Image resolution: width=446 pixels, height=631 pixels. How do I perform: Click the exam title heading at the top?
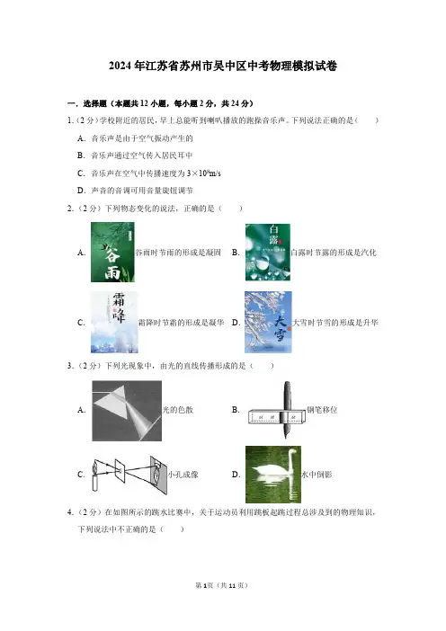223,66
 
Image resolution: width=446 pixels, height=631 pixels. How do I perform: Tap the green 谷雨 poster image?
112,252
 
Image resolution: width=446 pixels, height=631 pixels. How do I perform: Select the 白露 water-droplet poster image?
268,253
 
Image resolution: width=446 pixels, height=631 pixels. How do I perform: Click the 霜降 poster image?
114,323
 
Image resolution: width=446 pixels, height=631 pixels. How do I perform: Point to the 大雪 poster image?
268,323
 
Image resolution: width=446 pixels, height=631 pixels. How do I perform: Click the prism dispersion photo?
127,411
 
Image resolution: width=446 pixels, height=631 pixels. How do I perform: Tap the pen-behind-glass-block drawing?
277,410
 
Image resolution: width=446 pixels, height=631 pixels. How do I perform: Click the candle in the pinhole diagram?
95,478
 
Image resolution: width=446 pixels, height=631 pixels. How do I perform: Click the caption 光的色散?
177,410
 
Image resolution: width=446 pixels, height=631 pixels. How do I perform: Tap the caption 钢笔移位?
322,410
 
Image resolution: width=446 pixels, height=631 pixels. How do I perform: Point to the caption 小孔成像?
183,475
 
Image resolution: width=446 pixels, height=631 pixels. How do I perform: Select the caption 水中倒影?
317,475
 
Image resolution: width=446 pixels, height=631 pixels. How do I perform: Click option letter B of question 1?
81,156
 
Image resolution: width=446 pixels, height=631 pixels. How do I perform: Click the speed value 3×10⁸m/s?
204,173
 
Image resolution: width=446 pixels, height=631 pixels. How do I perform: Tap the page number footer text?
221,585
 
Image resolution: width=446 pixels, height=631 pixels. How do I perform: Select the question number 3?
70,366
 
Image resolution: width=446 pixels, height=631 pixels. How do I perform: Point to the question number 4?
70,512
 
